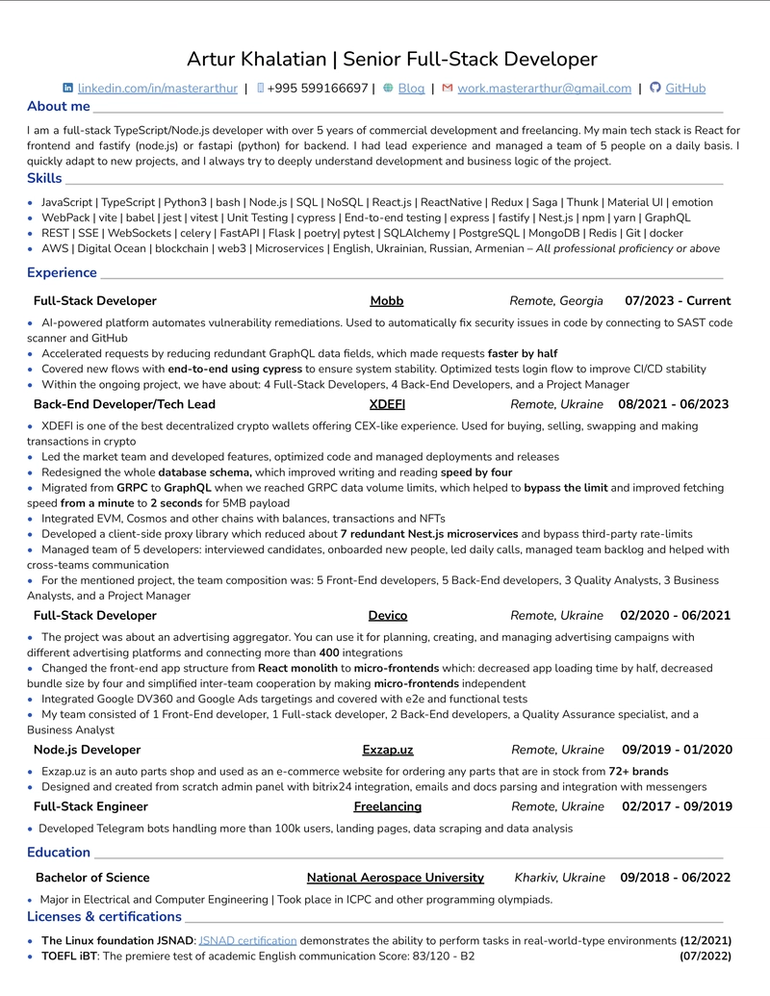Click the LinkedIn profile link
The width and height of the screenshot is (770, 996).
point(157,89)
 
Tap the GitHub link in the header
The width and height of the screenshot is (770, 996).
point(685,89)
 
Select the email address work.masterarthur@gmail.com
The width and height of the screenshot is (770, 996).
point(544,89)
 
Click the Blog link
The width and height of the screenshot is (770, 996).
point(411,89)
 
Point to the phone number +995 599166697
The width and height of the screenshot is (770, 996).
point(317,89)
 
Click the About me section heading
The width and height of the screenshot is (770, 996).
point(59,107)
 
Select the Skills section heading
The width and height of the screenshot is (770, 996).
point(44,178)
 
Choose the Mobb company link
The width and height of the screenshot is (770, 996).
point(387,301)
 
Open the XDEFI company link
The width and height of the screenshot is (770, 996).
point(387,404)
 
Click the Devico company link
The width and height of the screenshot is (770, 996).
point(388,616)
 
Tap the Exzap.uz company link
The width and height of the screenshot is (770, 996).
point(388,750)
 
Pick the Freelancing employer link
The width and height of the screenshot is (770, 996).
point(387,806)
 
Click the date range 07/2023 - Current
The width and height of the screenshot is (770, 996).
point(678,301)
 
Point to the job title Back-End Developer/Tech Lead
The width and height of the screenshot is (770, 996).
point(124,404)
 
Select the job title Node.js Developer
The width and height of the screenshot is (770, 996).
point(87,750)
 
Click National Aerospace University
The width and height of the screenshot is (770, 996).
point(395,878)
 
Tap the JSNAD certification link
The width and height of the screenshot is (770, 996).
point(247,940)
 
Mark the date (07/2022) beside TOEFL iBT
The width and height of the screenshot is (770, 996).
point(705,957)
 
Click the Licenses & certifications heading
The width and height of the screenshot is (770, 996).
point(105,916)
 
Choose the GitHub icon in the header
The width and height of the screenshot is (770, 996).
point(655,88)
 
